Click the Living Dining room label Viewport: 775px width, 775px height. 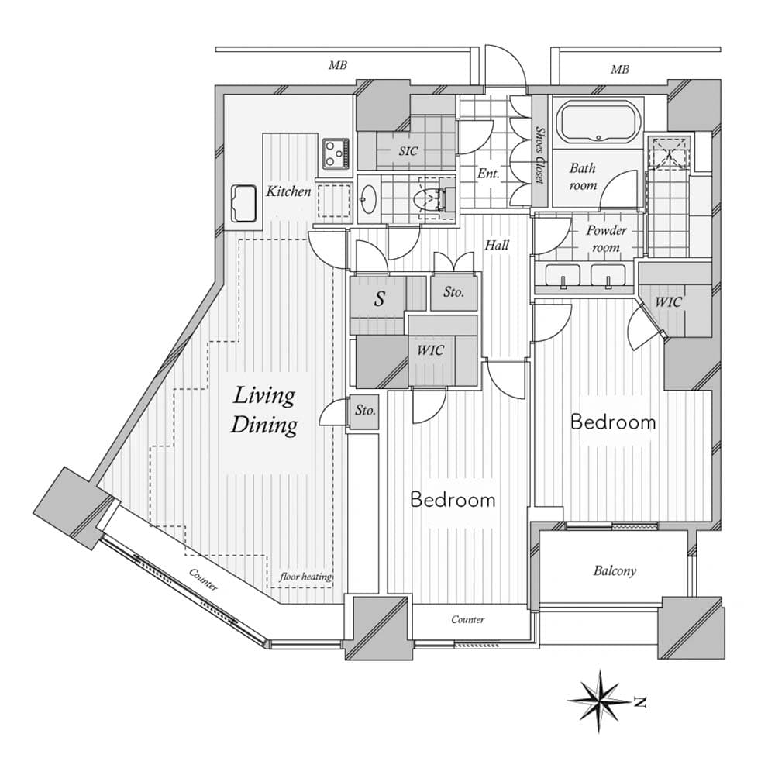(266, 411)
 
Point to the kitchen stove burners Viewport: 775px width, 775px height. (336, 153)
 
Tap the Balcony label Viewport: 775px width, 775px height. (615, 571)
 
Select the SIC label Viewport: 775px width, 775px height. (408, 151)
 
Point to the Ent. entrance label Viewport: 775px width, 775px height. (487, 174)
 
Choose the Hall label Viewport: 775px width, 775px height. (497, 246)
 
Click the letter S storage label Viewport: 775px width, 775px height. (379, 300)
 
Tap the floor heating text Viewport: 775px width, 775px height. (305, 577)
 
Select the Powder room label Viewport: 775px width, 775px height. (605, 239)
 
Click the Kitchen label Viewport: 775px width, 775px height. (288, 191)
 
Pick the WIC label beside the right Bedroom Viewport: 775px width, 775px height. (668, 301)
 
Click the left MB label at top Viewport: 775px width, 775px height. (337, 67)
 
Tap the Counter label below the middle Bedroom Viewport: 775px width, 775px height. (468, 619)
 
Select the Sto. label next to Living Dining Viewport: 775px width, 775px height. (365, 412)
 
